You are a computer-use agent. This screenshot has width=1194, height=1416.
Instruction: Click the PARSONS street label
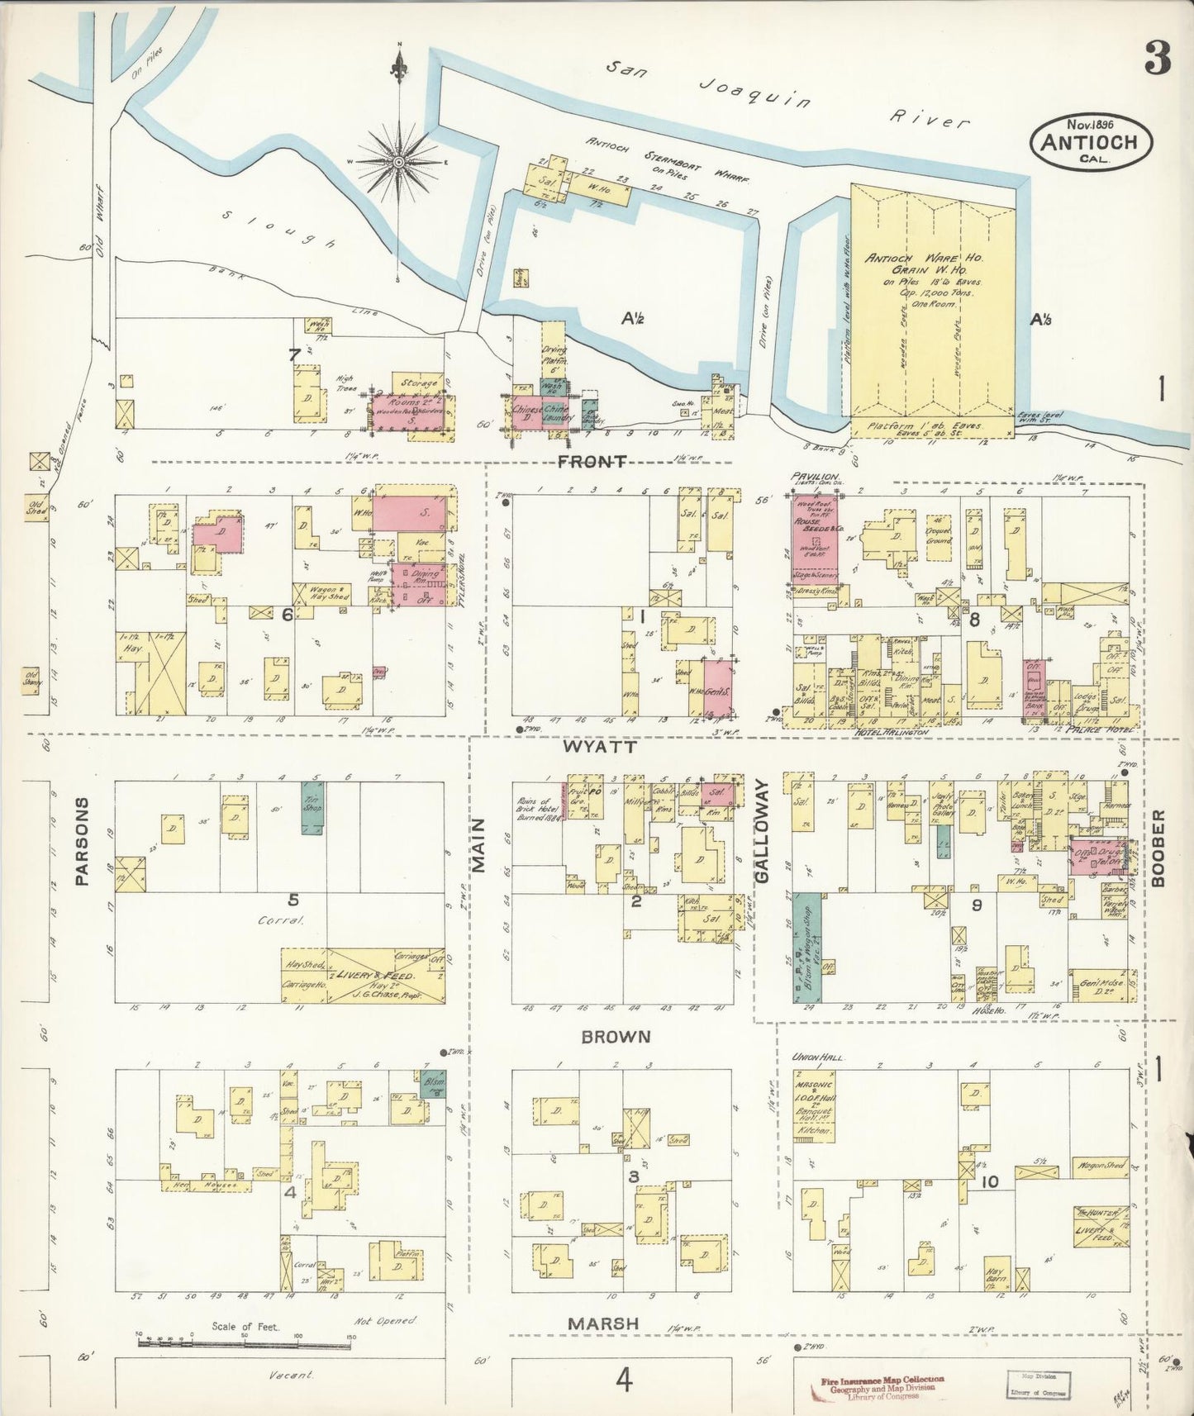tap(81, 841)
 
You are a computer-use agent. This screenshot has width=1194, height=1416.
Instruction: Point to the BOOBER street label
tap(1158, 848)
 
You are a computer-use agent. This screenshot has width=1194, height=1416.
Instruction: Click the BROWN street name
tap(615, 1037)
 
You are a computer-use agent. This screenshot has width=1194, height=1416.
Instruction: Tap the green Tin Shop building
tap(312, 807)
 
